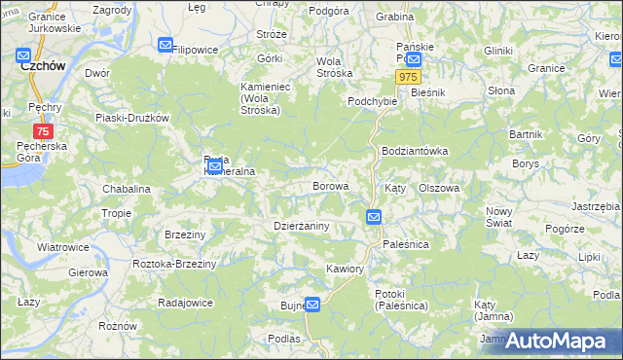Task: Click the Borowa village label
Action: coord(329,185)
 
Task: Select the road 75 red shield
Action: coord(43,131)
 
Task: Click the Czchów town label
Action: coord(42,66)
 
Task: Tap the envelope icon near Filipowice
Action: coord(165,45)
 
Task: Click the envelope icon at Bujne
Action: coord(312,305)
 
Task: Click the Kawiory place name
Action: coord(346,269)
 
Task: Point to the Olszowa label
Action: coord(438,188)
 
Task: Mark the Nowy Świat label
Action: coord(498,217)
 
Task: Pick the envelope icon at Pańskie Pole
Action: coord(414,58)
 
